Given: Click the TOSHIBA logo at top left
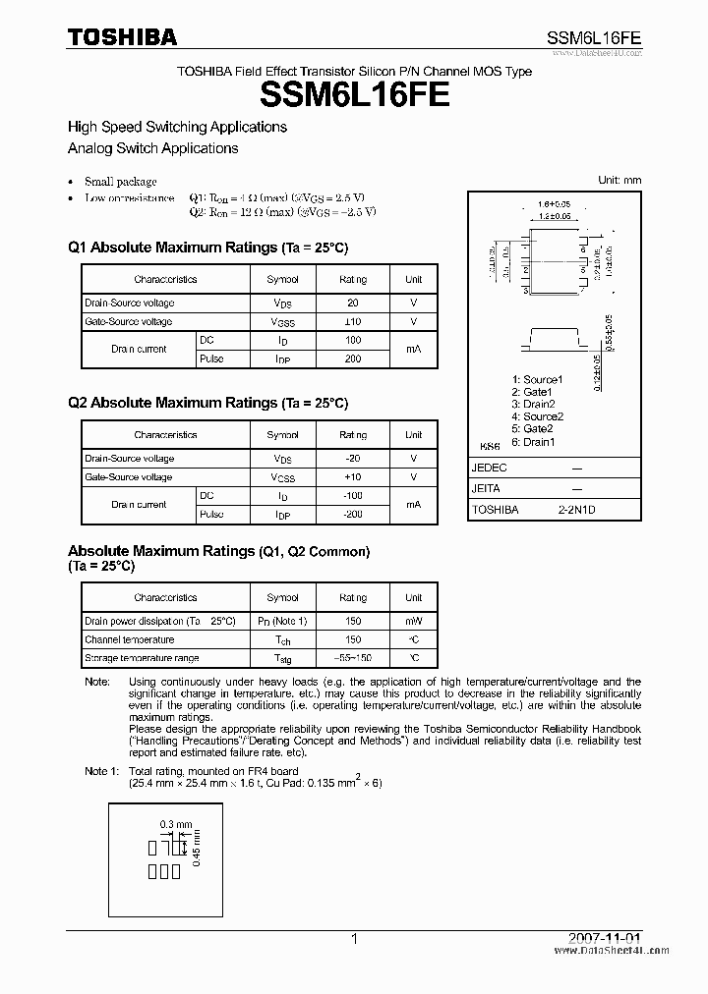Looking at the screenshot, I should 122,36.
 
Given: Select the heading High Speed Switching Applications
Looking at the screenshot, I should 177,127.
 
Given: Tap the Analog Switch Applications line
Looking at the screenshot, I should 152,148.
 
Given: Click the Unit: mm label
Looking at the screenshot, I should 619,180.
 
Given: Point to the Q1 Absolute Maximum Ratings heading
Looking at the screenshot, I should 207,248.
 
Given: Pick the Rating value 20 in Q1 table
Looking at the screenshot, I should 353,304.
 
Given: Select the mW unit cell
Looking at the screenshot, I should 413,621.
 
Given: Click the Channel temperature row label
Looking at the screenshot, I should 129,639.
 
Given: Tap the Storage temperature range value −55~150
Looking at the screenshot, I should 352,658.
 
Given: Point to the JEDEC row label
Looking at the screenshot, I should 489,469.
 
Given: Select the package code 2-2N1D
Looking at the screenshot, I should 576,510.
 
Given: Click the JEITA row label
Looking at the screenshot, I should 487,488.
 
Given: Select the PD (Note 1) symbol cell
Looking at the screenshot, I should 283,621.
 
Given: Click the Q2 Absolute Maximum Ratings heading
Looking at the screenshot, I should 207,403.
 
